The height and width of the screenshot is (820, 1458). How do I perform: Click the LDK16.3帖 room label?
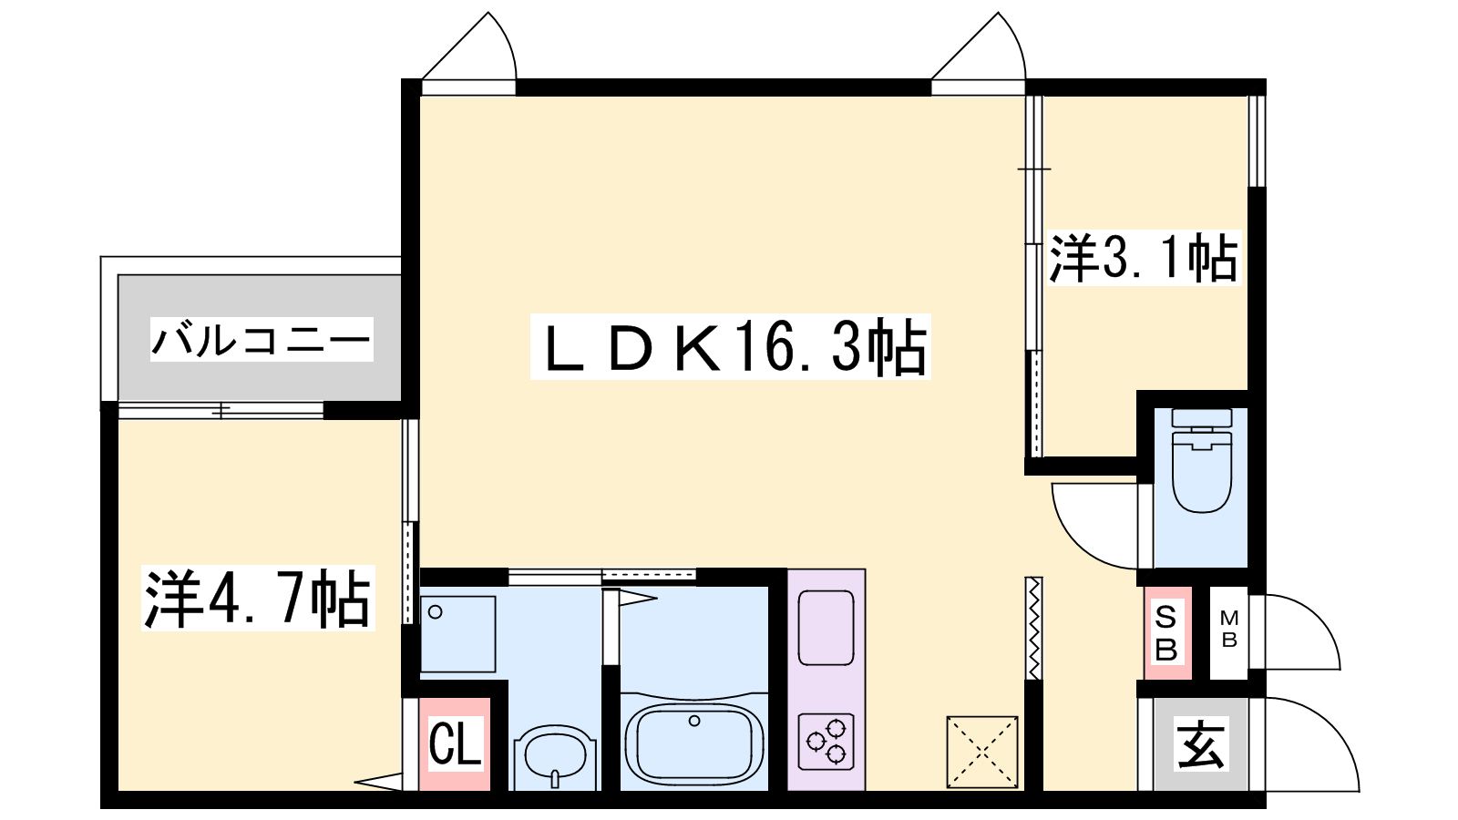730,347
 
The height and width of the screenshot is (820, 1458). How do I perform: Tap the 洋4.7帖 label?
258,598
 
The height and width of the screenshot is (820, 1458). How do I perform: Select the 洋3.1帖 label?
1143,258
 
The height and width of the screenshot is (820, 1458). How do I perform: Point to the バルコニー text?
262,339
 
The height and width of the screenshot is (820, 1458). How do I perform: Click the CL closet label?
455,742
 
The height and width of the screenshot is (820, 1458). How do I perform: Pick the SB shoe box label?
1165,632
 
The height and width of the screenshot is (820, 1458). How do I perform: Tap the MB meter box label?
1229,629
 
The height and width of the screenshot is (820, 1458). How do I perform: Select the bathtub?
693,744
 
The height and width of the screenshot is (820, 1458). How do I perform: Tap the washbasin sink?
555,758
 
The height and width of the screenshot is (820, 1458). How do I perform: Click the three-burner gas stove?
826,742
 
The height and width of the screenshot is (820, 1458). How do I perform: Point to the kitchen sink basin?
826,628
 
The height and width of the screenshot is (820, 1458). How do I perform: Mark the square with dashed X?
982,752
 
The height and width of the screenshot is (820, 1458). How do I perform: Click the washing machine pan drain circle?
436,611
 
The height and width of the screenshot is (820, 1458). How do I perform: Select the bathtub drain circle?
694,721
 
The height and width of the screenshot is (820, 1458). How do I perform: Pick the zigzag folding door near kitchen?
1033,628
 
